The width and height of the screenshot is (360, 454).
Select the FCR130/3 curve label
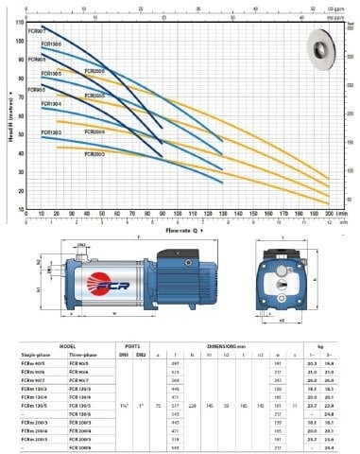click(x=52, y=131)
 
